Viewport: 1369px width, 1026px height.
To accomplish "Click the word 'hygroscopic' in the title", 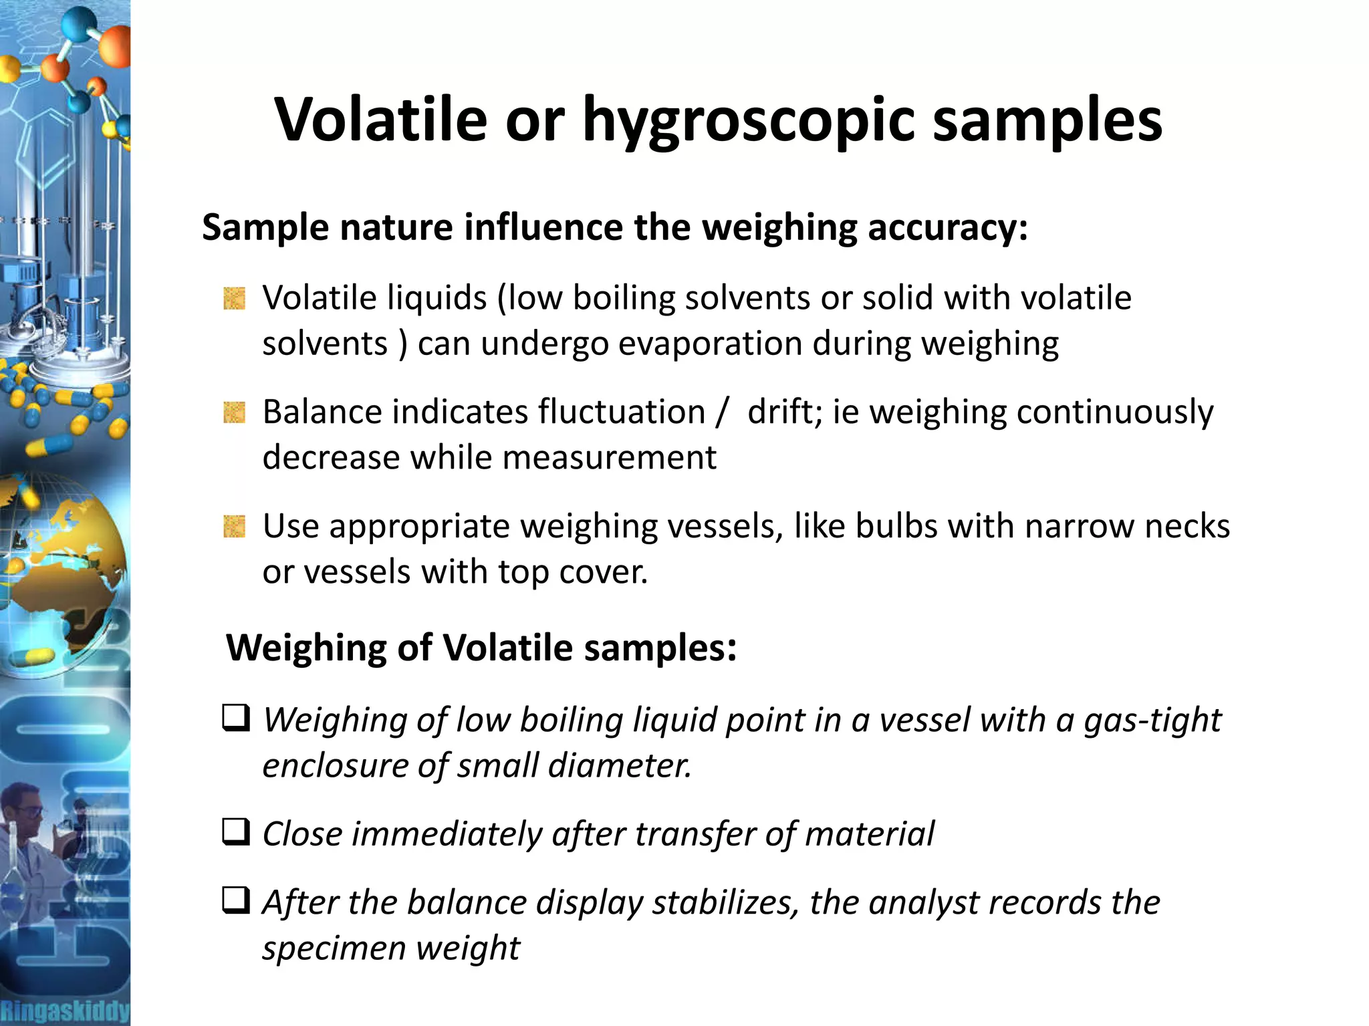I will [x=748, y=120].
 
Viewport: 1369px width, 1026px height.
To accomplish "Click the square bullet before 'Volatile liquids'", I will [x=234, y=298].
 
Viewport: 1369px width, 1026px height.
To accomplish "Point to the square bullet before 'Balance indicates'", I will [x=234, y=412].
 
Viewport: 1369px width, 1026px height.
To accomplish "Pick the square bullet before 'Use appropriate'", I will [x=234, y=527].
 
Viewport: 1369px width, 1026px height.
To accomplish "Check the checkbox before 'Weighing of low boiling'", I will [x=236, y=719].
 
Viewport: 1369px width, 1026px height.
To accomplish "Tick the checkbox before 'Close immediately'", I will [x=236, y=832].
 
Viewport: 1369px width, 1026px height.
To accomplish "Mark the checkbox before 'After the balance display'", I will [x=236, y=900].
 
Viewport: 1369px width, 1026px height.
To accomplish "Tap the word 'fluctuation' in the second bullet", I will [x=622, y=412].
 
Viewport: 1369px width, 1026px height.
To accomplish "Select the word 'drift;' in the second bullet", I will [x=785, y=412].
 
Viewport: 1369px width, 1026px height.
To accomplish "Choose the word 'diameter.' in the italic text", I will [x=620, y=766].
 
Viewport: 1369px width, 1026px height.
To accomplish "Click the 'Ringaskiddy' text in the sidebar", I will [x=65, y=1011].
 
